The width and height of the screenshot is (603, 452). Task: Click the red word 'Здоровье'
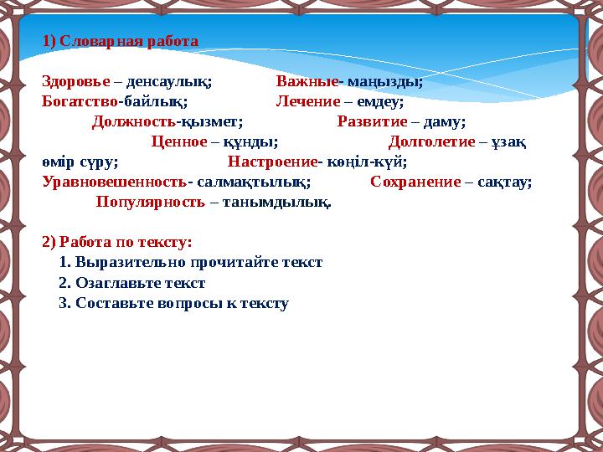click(76, 82)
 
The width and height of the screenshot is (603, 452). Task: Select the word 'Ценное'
click(178, 141)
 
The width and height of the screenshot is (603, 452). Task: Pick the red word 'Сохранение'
click(415, 182)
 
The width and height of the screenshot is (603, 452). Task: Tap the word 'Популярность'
click(150, 202)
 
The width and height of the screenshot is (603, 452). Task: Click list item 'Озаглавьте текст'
click(140, 283)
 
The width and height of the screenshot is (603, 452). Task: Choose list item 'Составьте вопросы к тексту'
click(182, 303)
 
